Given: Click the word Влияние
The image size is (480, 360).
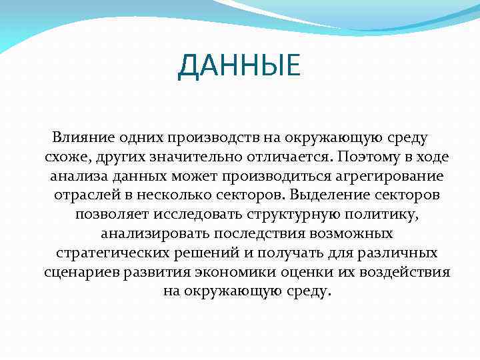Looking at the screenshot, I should click(x=77, y=138).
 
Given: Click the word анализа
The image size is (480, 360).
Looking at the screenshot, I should click(x=75, y=177).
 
